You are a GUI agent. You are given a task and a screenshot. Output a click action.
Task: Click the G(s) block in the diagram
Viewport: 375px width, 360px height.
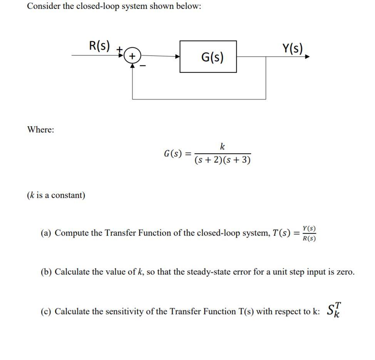208,57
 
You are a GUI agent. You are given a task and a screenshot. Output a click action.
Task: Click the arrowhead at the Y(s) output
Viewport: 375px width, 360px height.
307,57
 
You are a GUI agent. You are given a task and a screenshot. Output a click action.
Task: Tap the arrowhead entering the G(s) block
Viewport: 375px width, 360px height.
177,57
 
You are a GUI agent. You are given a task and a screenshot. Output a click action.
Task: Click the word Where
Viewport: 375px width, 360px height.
40,129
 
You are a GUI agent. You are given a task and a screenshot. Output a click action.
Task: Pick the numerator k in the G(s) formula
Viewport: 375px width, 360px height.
223,146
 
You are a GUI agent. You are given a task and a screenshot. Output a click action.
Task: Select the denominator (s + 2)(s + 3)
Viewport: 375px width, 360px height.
223,160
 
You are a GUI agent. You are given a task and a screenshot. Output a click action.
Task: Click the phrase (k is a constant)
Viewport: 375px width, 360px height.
56,195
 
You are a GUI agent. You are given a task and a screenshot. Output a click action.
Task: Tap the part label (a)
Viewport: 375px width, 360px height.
47,233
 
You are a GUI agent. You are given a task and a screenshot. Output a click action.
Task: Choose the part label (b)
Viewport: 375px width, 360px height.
47,272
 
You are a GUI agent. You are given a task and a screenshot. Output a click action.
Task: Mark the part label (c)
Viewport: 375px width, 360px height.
47,311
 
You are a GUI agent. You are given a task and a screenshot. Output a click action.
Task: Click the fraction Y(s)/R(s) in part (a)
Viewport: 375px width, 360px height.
309,233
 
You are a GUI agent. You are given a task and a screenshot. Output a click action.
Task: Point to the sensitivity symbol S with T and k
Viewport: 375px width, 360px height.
334,309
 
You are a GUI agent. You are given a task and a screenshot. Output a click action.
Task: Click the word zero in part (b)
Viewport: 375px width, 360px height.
343,272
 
